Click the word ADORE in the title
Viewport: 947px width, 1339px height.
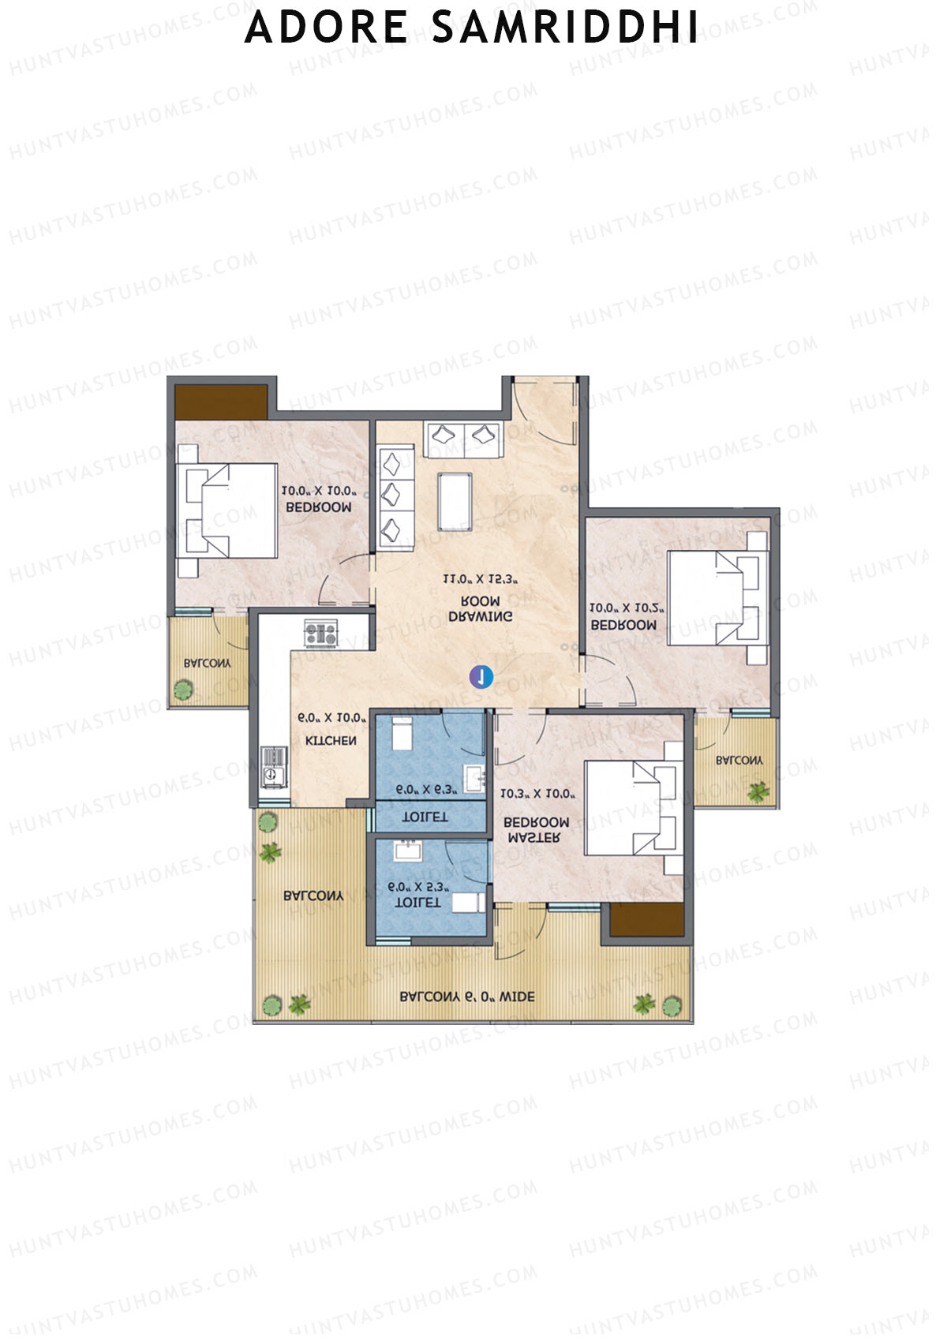[326, 27]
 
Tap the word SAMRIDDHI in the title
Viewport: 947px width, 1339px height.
[565, 27]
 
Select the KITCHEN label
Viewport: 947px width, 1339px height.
[331, 741]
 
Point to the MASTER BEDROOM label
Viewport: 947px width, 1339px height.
[537, 829]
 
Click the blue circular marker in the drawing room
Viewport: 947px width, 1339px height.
[481, 676]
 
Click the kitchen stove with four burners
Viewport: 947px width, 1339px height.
[321, 633]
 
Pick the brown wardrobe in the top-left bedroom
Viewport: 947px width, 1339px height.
[221, 402]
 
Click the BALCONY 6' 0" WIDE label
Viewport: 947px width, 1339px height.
[467, 997]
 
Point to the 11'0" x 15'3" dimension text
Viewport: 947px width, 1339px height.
[480, 580]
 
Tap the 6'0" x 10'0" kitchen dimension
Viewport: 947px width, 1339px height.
[332, 719]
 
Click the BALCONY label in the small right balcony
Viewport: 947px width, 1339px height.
[739, 761]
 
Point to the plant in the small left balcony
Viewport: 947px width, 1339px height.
[183, 690]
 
